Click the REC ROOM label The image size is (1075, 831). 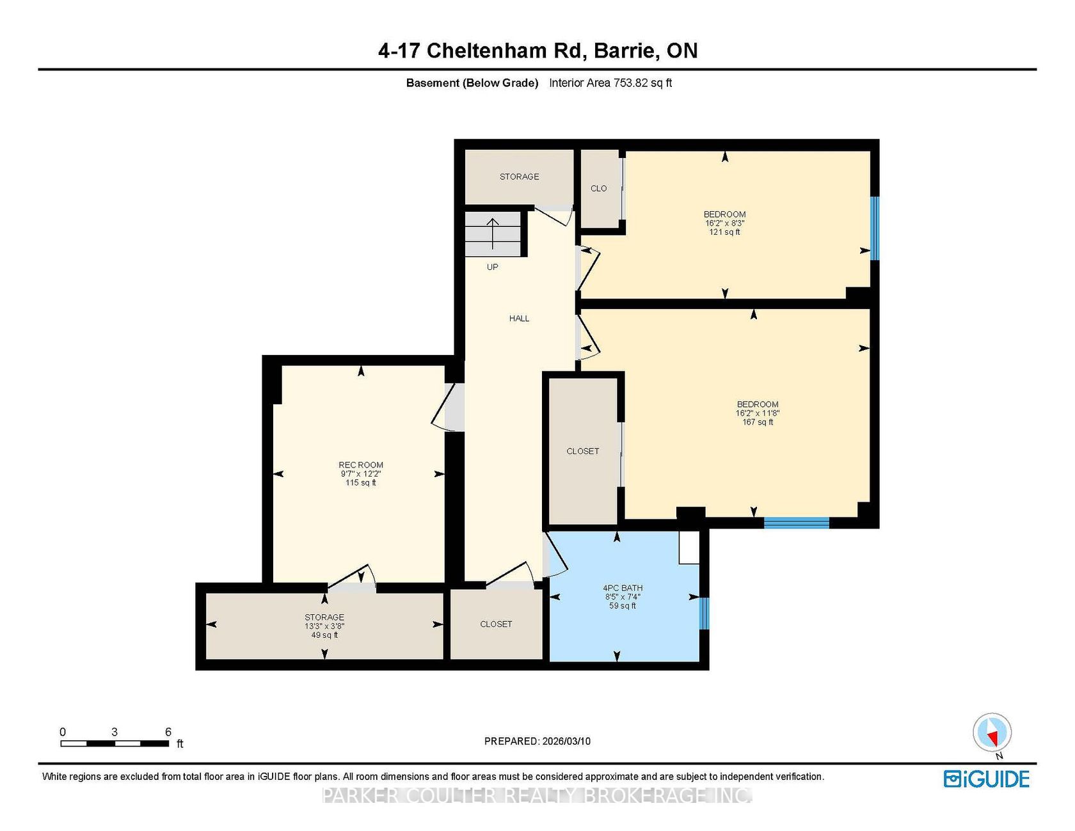coord(361,465)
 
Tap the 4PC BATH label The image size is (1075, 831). coord(623,588)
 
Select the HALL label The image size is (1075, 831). coord(519,319)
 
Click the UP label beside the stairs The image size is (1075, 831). coord(492,267)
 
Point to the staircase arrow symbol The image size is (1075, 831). coord(493,233)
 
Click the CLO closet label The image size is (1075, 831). coord(598,189)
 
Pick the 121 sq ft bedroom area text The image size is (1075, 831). coord(724,232)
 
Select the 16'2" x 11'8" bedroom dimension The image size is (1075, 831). coord(757,413)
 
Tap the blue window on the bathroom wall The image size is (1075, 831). coord(704,613)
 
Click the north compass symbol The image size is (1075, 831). coord(992,733)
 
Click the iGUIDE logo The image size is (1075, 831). coord(987,779)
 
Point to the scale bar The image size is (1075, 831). coord(115,743)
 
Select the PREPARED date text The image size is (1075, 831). coord(537,741)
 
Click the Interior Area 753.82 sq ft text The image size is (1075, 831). coord(610,83)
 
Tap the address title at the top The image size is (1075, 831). coord(537,51)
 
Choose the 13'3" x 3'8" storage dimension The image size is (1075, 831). coord(324,626)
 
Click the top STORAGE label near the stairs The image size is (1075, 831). coord(519,177)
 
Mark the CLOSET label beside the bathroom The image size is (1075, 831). coord(496,624)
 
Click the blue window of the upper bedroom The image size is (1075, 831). coord(875,228)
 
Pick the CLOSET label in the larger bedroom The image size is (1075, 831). coord(583,451)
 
